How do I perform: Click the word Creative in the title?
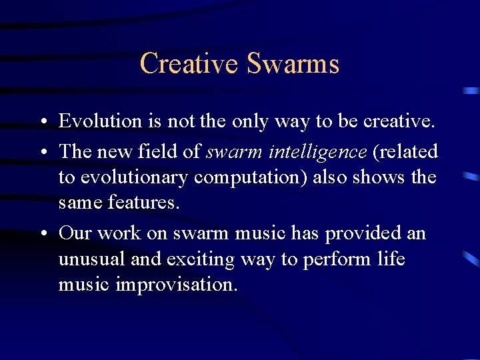189,64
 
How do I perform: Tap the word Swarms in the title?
293,64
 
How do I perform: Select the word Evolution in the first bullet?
100,121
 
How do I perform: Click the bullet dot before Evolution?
42,123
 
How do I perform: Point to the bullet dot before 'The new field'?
42,153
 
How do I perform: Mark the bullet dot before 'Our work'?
42,234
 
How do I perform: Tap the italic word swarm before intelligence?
234,152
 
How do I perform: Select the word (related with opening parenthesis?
405,152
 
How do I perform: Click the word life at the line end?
390,259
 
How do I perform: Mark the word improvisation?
176,285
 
